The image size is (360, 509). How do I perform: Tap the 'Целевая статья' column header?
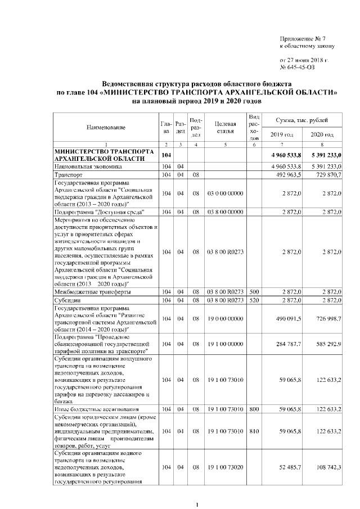click(225, 128)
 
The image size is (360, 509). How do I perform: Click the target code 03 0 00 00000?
click(225, 193)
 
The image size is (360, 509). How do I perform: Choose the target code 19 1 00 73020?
click(225, 467)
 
